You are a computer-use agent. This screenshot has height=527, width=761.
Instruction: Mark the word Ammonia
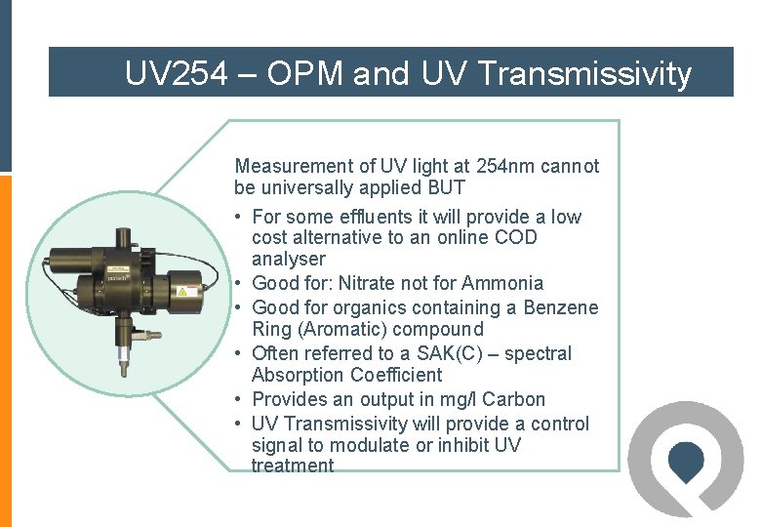click(501, 283)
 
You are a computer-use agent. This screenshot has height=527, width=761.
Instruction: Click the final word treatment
click(293, 466)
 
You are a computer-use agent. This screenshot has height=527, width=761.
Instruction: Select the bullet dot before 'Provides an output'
click(239, 399)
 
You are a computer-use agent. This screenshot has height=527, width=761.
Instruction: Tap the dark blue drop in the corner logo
click(688, 459)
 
